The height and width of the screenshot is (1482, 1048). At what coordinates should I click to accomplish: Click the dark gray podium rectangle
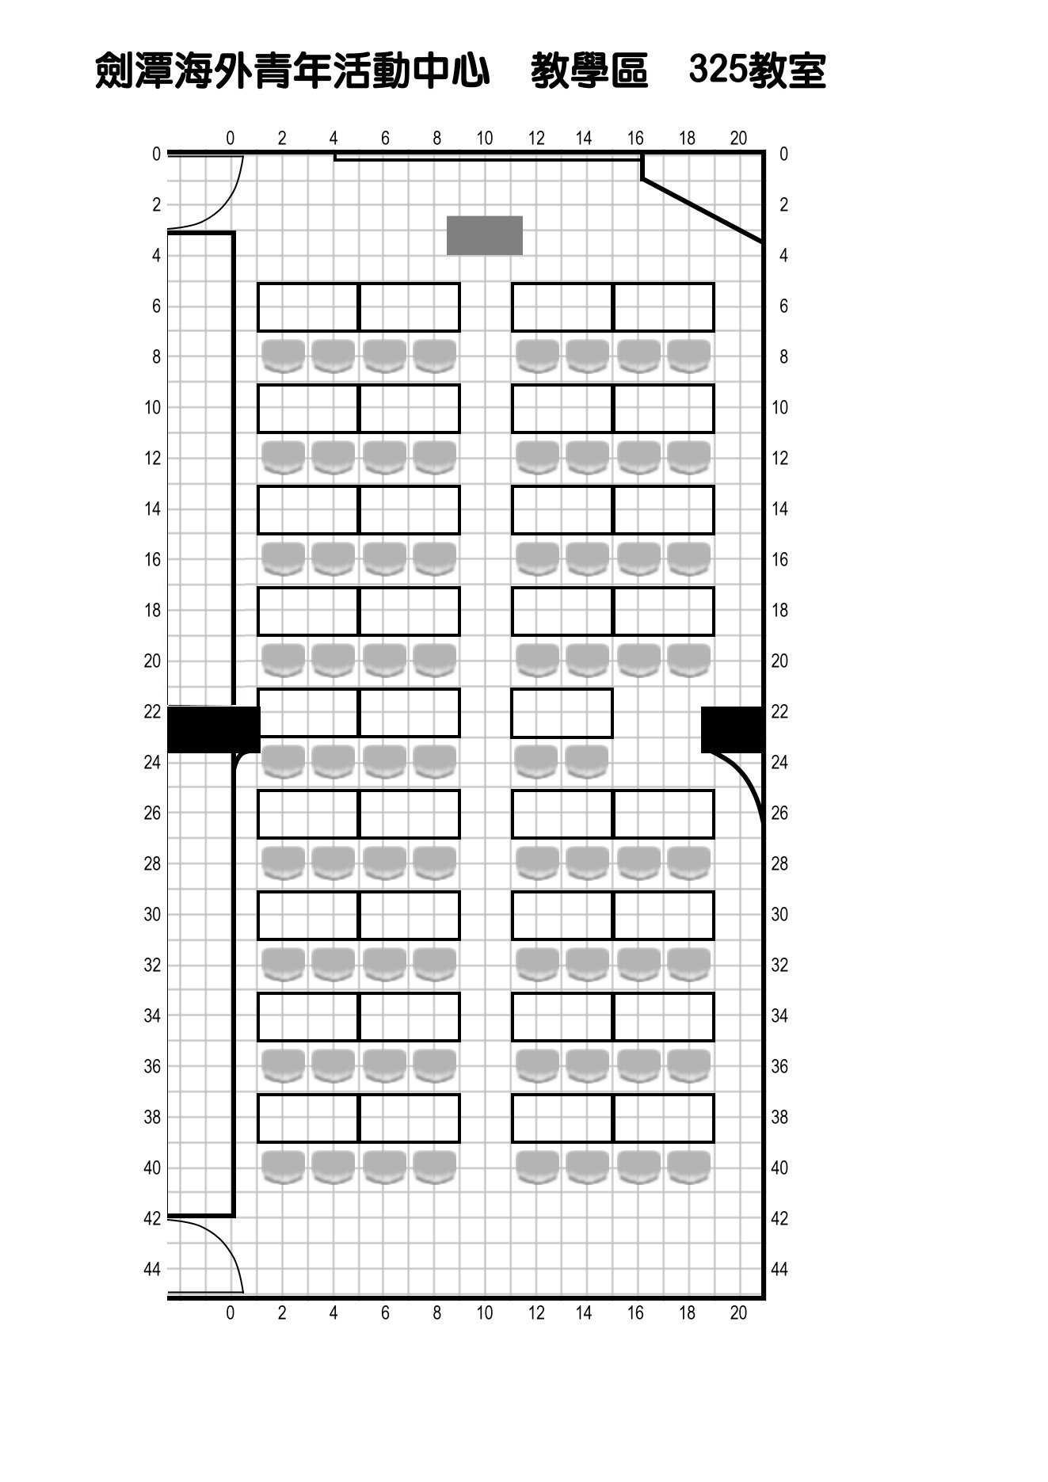coord(485,235)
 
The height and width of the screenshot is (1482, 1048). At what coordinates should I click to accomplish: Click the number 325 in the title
coord(718,70)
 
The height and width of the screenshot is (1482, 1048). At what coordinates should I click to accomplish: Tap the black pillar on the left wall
coord(214,730)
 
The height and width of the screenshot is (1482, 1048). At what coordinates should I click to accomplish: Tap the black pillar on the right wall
coord(733,730)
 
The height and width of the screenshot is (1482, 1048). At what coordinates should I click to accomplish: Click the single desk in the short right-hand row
coord(562,713)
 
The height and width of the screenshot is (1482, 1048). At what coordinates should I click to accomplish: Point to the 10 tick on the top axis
coord(485,139)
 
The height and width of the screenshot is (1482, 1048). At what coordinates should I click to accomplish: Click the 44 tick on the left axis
coord(152,1269)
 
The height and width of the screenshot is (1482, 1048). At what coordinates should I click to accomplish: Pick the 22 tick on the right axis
coord(779,711)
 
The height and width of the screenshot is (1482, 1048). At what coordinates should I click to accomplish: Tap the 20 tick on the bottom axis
coord(738,1312)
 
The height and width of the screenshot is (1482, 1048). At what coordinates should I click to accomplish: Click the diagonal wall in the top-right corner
coord(703,211)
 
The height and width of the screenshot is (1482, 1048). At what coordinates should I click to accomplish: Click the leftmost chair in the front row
coord(284,356)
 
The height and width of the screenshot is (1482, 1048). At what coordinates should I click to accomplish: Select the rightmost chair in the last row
coord(689,1167)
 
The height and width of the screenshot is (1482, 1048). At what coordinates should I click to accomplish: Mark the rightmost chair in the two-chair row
coord(587,761)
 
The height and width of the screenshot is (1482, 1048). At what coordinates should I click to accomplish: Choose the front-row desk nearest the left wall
coord(308,307)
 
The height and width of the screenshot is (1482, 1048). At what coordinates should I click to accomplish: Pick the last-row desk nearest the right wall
coord(664,1118)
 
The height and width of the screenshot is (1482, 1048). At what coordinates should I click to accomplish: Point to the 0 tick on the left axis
coord(156,154)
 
